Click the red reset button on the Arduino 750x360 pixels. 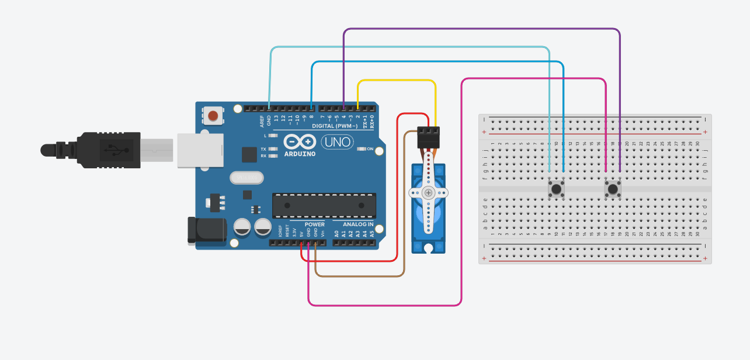(x=213, y=115)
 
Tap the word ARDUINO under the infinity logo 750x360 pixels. (x=300, y=154)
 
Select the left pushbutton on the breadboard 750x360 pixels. (x=556, y=189)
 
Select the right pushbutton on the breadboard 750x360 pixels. (x=613, y=189)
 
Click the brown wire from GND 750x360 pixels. (x=359, y=276)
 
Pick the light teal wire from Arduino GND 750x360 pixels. (x=409, y=47)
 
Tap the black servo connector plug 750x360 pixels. (x=429, y=139)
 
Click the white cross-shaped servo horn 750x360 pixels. (x=429, y=193)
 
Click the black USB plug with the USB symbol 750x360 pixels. (x=109, y=150)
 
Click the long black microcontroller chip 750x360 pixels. (x=324, y=206)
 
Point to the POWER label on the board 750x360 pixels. (x=314, y=224)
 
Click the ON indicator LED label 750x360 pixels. (x=370, y=149)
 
